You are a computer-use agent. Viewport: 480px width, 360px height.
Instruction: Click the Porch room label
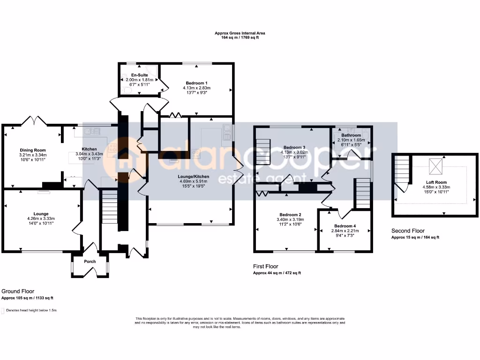tap(90, 262)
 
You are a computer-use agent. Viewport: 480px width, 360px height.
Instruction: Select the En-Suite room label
tap(140, 75)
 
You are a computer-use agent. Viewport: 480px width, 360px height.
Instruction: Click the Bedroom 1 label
tap(196, 83)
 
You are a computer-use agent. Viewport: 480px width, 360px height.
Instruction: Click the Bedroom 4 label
tap(345, 226)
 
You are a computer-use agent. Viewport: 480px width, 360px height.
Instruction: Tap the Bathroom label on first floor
tap(351, 135)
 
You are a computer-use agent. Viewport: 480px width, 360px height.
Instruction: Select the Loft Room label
tap(436, 182)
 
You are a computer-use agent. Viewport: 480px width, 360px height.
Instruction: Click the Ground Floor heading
tap(18, 291)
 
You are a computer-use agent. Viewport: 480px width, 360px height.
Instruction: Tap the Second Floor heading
tap(408, 231)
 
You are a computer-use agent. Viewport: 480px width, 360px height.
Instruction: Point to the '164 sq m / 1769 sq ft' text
tap(240, 37)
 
